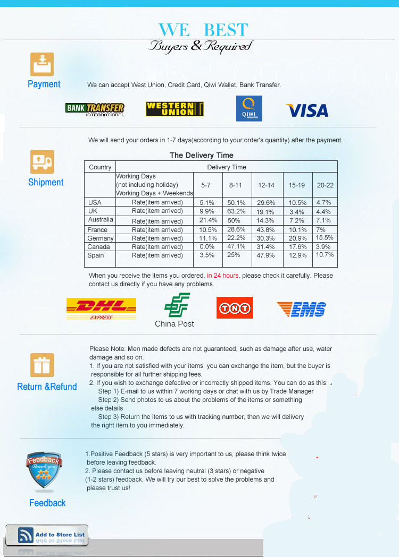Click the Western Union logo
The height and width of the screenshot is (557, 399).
174,109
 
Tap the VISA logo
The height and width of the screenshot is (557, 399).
307,110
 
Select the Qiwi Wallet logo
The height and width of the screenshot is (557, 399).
249,108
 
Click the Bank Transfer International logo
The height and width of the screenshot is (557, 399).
95,109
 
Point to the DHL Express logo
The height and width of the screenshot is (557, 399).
101,309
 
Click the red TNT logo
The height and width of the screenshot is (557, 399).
235,307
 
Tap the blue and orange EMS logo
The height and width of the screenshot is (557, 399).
301,309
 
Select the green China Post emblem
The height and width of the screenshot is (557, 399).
174,306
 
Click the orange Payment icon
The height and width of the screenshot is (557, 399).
42,64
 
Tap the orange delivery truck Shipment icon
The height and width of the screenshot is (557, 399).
42,161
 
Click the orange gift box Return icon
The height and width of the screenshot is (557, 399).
42,365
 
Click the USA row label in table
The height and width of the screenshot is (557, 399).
95,202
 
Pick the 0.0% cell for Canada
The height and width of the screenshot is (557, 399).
207,247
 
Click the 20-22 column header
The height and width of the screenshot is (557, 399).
325,185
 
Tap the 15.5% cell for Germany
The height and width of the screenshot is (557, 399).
325,238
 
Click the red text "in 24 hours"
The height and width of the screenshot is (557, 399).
223,276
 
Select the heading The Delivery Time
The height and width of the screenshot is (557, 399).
202,155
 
